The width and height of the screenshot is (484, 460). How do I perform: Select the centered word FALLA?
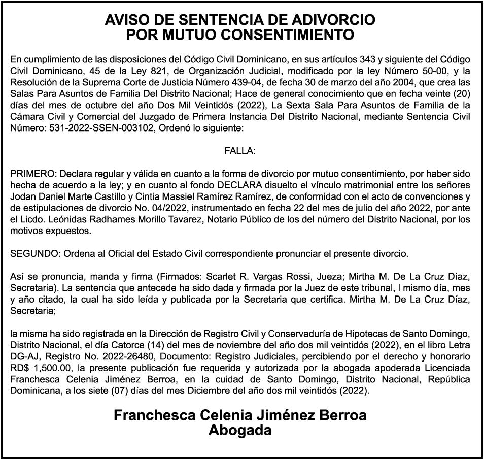[x=240, y=151]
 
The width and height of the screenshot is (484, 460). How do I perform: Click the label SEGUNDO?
[x=31, y=253]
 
